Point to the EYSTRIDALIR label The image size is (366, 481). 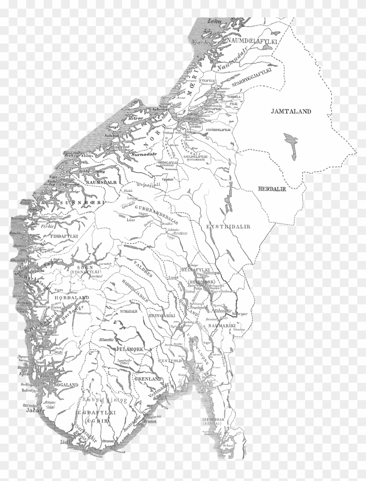[222, 227]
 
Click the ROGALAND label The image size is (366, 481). [65, 384]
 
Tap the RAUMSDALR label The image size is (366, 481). [102, 183]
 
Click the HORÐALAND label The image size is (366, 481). [72, 298]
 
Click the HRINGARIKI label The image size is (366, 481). [161, 317]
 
